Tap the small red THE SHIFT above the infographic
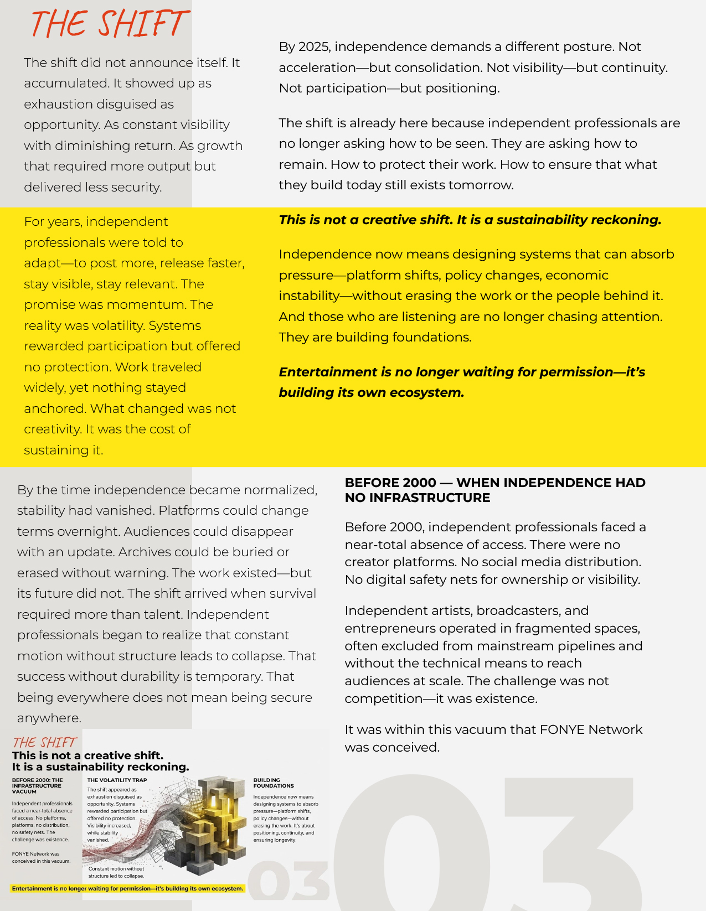[x=44, y=742]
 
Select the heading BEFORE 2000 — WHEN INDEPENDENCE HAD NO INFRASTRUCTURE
[x=494, y=490]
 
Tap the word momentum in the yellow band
[x=153, y=305]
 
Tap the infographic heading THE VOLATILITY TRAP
[x=117, y=780]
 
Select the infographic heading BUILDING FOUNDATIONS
[x=273, y=783]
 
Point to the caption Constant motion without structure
[x=116, y=872]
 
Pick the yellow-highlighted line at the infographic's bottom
[x=127, y=888]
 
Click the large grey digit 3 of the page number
[x=570, y=847]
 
